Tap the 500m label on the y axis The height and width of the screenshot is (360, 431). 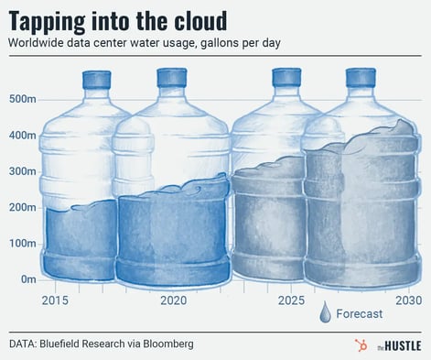(22, 100)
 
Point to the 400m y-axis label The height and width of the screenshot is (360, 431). (22, 136)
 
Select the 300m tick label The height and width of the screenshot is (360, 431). (22, 171)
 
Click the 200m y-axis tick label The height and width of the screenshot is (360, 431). (22, 207)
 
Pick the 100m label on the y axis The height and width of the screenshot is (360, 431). (22, 243)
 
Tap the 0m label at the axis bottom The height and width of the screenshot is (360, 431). (27, 278)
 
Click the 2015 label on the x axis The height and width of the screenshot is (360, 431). (56, 300)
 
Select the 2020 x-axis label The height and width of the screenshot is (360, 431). (174, 300)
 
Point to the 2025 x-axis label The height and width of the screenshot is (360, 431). (291, 300)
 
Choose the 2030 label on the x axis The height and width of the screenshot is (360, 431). (407, 300)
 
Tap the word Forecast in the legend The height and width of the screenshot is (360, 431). (364, 314)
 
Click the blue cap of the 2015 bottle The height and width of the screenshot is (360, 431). (96, 80)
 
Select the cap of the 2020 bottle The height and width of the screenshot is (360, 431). (171, 77)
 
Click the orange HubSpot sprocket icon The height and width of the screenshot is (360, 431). (359, 345)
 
